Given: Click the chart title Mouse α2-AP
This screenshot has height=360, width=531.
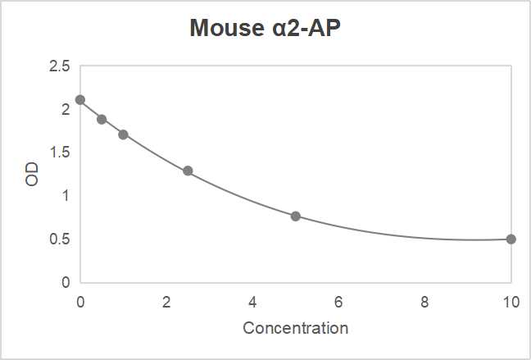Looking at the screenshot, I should (265, 28).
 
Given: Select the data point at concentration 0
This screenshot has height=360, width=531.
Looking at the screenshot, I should (80, 100).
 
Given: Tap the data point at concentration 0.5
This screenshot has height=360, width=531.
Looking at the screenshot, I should (102, 119).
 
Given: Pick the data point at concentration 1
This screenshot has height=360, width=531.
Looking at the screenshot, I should (123, 134).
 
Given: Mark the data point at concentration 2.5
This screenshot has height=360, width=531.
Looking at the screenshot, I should (188, 171).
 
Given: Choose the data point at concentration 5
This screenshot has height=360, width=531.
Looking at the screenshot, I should (296, 216).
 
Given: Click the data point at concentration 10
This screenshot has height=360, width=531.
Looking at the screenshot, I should (511, 239).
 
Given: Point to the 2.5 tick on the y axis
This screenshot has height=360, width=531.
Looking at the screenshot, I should (60, 66).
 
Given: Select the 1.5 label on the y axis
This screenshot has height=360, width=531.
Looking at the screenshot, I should (60, 153).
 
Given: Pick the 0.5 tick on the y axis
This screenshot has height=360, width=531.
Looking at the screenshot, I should (60, 239).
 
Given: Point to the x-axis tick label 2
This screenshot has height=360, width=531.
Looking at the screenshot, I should (166, 301).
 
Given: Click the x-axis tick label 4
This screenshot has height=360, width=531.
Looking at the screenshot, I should (252, 301).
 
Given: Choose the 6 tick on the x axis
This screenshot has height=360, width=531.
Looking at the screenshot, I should (338, 301).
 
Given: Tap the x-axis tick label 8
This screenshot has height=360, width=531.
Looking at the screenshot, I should (424, 301).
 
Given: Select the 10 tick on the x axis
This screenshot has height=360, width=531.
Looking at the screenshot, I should (511, 301).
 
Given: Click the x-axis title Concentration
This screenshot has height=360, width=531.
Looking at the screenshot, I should (295, 328).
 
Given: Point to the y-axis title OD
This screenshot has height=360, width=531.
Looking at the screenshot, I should (32, 174).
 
